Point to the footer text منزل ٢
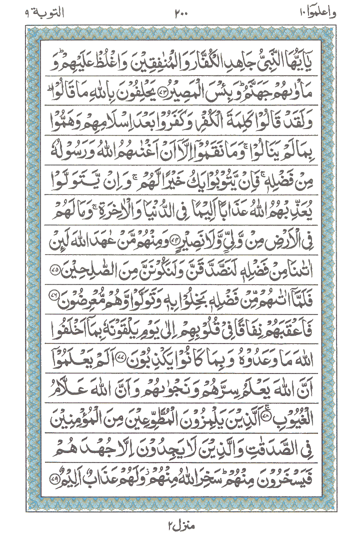(x=180, y=526)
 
